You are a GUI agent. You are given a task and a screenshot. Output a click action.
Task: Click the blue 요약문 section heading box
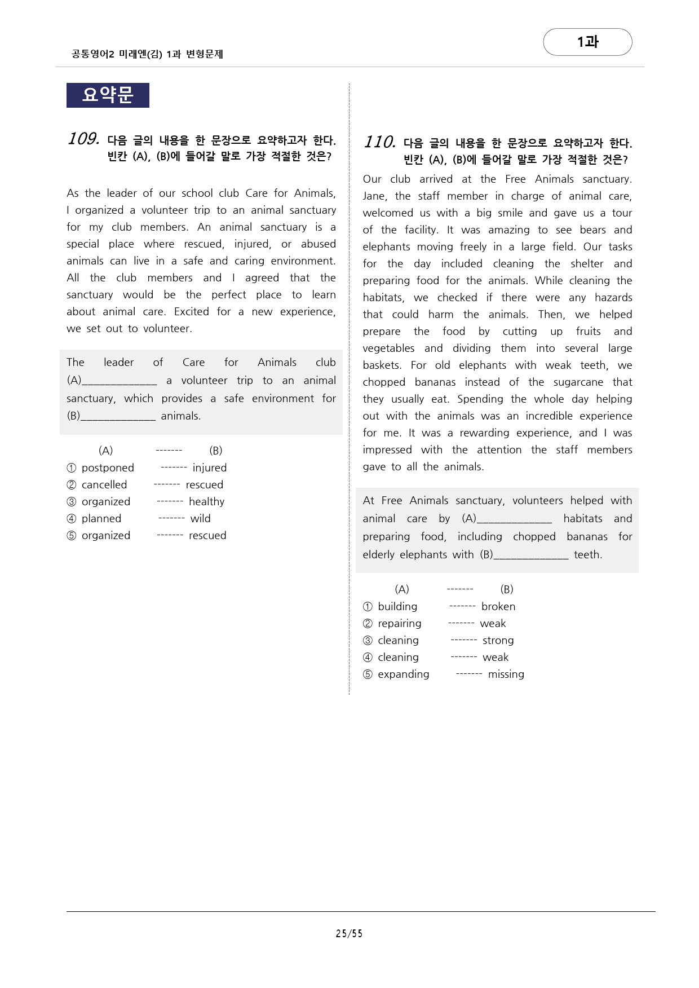click(108, 95)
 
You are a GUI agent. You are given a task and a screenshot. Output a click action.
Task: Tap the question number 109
click(83, 139)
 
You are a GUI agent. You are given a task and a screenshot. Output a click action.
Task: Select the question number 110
click(379, 142)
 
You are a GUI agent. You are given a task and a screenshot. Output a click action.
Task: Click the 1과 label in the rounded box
click(587, 42)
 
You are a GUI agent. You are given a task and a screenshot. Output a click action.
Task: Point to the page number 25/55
click(349, 933)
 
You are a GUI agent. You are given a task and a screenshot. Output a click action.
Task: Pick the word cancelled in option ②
click(104, 484)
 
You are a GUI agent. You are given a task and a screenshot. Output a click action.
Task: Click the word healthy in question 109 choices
click(206, 501)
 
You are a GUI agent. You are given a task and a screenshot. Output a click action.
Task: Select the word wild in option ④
click(200, 518)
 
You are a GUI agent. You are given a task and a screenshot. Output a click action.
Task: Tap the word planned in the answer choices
click(101, 518)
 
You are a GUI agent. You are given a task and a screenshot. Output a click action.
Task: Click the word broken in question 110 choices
click(498, 606)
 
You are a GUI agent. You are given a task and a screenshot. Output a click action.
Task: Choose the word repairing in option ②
click(400, 623)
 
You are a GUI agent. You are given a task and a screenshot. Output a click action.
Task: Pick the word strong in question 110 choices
click(498, 640)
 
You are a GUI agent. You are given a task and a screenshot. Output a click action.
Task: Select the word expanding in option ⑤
click(404, 674)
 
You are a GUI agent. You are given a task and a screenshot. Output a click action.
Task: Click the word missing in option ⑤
click(506, 674)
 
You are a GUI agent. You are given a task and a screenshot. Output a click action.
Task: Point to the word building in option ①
click(397, 606)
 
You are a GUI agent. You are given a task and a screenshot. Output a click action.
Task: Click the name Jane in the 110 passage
click(374, 196)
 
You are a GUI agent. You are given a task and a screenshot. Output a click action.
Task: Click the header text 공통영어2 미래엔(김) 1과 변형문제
click(147, 54)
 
